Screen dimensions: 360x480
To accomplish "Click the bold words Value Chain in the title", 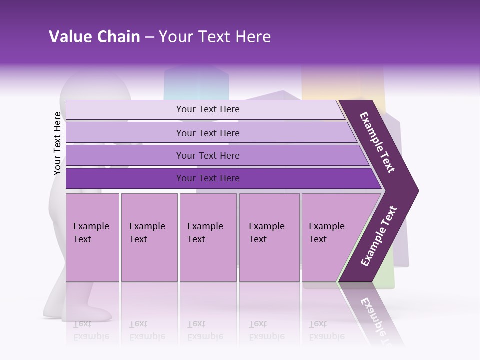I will pos(94,37).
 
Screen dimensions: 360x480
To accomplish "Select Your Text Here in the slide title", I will pos(215,37).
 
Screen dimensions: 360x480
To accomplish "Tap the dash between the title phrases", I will pos(149,37).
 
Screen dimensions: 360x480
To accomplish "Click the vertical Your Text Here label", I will pos(57,143).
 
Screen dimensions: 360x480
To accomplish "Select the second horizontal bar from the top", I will pos(208,133).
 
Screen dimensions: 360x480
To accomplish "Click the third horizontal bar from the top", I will pos(208,155).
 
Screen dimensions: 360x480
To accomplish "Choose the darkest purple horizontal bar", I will pos(208,178).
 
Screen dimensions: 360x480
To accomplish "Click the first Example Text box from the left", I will pos(92,237).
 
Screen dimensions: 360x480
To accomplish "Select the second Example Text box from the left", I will pos(149,237).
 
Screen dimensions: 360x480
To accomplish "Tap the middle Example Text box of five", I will pos(208,237).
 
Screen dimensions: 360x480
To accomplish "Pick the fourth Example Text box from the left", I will pos(269,237).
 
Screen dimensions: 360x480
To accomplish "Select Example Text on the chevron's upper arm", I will pos(377,142).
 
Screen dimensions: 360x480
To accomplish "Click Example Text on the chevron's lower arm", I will pos(379,236).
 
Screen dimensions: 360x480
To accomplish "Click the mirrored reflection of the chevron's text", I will pos(374,317).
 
